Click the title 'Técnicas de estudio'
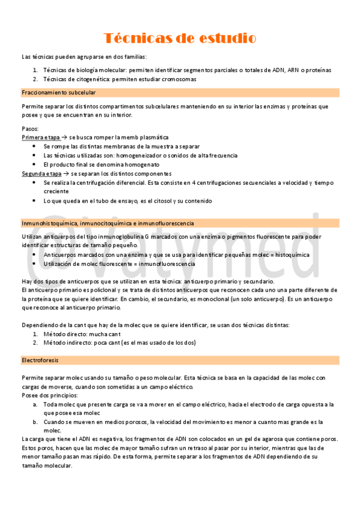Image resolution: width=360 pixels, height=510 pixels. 180,38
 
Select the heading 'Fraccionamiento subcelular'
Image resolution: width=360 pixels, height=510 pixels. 59,93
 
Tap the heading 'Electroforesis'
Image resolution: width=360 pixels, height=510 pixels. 40,360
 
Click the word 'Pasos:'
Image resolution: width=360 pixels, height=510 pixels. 30,128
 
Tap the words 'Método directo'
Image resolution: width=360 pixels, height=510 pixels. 65,334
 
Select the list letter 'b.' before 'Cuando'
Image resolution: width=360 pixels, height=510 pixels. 35,422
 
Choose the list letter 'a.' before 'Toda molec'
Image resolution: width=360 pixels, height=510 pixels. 35,404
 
